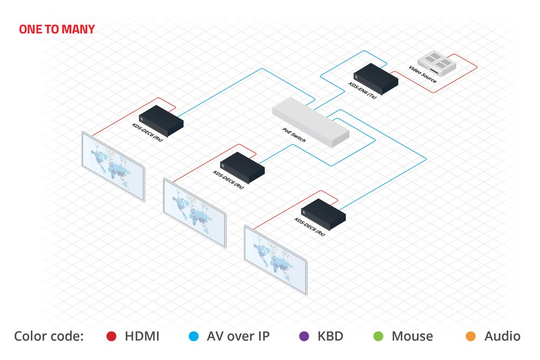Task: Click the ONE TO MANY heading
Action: [x=57, y=29]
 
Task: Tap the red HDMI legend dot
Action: [x=111, y=337]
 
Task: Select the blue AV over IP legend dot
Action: [x=192, y=337]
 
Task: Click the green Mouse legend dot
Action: [x=378, y=337]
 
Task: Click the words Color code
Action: [x=49, y=337]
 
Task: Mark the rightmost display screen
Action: [x=276, y=258]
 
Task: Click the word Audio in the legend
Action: [x=502, y=337]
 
